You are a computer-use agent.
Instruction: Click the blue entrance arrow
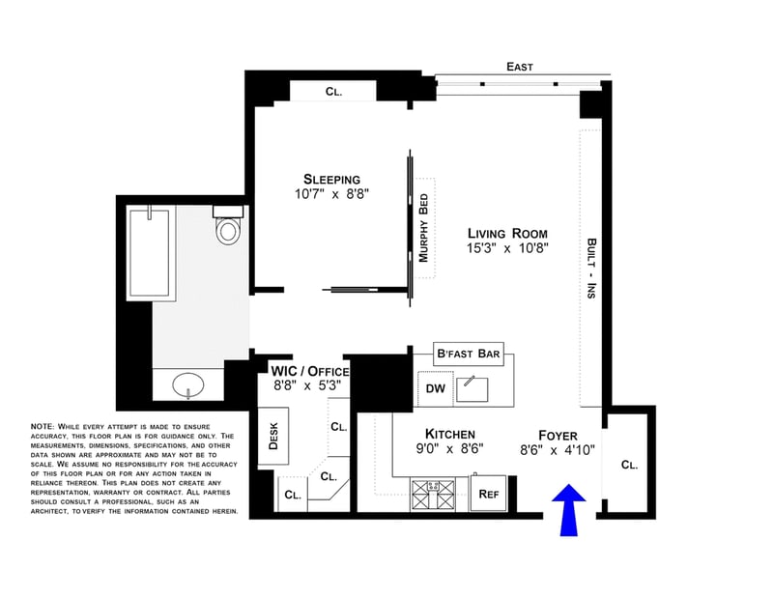pyautogui.click(x=568, y=510)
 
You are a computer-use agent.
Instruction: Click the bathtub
pyautogui.click(x=152, y=253)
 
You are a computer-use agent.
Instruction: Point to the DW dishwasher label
pyautogui.click(x=436, y=388)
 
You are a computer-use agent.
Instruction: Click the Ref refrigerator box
pyautogui.click(x=488, y=494)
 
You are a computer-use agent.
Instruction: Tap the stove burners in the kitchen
pyautogui.click(x=433, y=495)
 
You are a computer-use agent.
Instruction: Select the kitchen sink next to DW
pyautogui.click(x=472, y=389)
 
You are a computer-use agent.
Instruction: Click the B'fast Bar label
pyautogui.click(x=469, y=354)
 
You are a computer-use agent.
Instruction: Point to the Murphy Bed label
pyautogui.click(x=423, y=228)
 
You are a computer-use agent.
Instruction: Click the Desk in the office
pyautogui.click(x=273, y=436)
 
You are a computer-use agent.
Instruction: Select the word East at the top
pyautogui.click(x=520, y=67)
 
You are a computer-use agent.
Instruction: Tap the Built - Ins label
pyautogui.click(x=591, y=269)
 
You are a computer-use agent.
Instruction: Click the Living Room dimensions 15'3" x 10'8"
pyautogui.click(x=507, y=248)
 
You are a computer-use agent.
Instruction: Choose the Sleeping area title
pyautogui.click(x=331, y=179)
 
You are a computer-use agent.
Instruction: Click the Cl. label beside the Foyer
pyautogui.click(x=629, y=465)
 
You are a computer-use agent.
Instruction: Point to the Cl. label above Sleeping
pyautogui.click(x=333, y=92)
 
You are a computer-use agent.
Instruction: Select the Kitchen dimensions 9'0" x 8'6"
pyautogui.click(x=449, y=448)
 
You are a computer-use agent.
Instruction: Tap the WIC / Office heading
pyautogui.click(x=310, y=371)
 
